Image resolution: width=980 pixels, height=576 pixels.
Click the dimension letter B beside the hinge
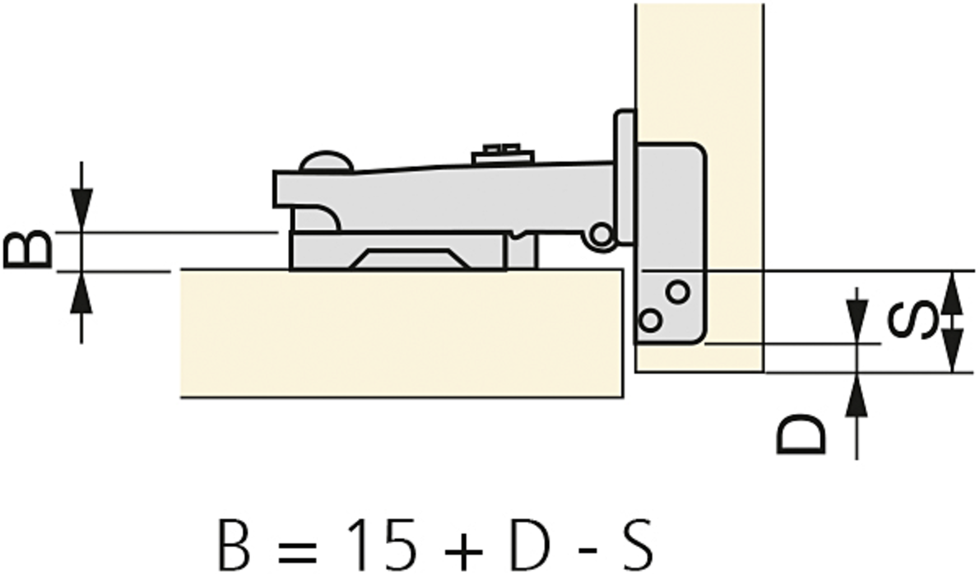(x=27, y=249)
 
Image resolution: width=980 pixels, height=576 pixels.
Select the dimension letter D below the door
(x=802, y=434)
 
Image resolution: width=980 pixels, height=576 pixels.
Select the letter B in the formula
(x=234, y=542)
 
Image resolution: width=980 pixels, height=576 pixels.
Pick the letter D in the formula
(x=530, y=542)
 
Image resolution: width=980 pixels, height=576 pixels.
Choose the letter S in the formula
(x=637, y=542)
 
